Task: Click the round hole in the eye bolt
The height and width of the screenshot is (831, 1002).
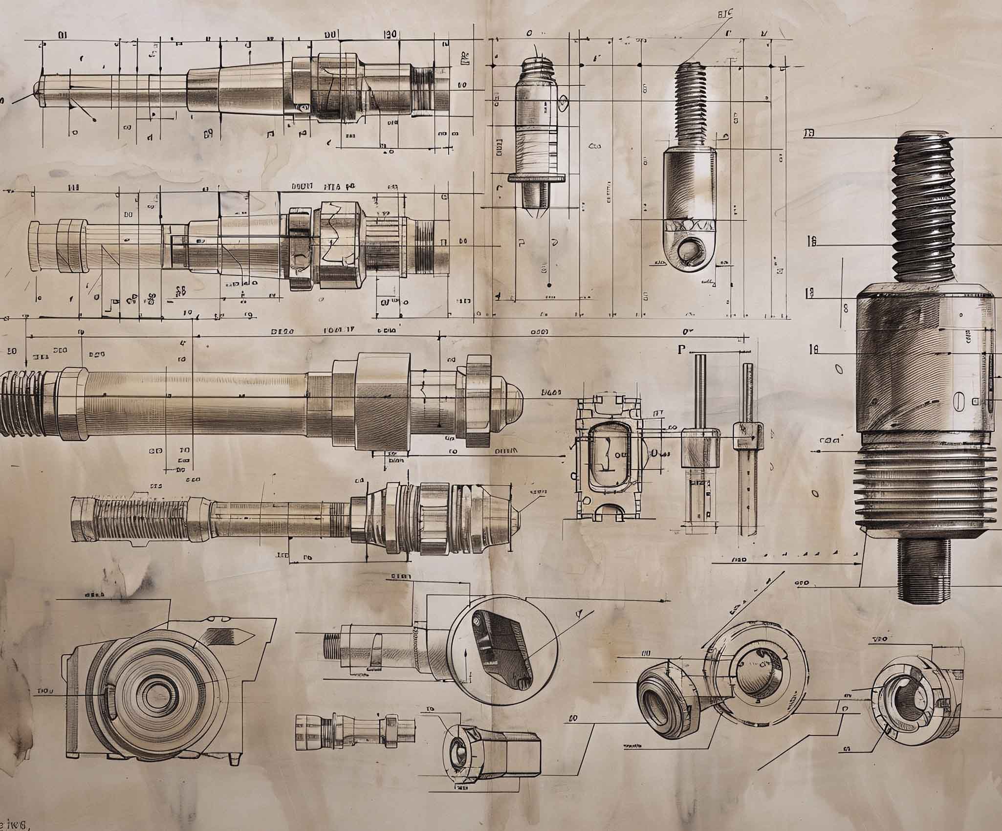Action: coord(690,250)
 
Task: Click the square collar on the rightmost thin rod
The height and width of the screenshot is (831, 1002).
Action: coord(748,435)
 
